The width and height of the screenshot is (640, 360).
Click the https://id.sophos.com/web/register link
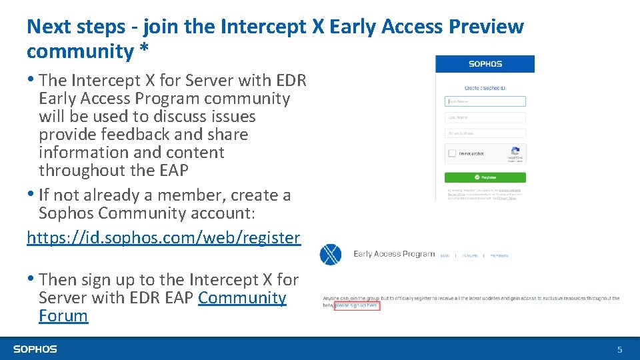tap(163, 238)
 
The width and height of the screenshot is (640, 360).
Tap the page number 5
tap(619, 349)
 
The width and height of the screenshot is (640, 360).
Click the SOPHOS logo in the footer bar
tap(35, 349)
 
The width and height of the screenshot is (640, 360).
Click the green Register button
tap(485, 177)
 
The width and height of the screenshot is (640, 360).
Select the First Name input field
tap(485, 101)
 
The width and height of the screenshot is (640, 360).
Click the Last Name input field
tap(485, 117)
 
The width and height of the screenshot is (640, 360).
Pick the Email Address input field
tap(485, 133)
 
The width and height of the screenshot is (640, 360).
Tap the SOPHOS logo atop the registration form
tap(485, 64)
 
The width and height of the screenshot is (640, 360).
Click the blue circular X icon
tap(331, 255)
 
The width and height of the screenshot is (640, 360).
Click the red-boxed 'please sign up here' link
tap(356, 305)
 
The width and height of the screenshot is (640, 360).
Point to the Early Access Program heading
tap(394, 254)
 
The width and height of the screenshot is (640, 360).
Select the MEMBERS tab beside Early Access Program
tap(499, 255)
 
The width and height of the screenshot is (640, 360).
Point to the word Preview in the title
tap(486, 27)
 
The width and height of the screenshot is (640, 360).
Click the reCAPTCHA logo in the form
tap(515, 152)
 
